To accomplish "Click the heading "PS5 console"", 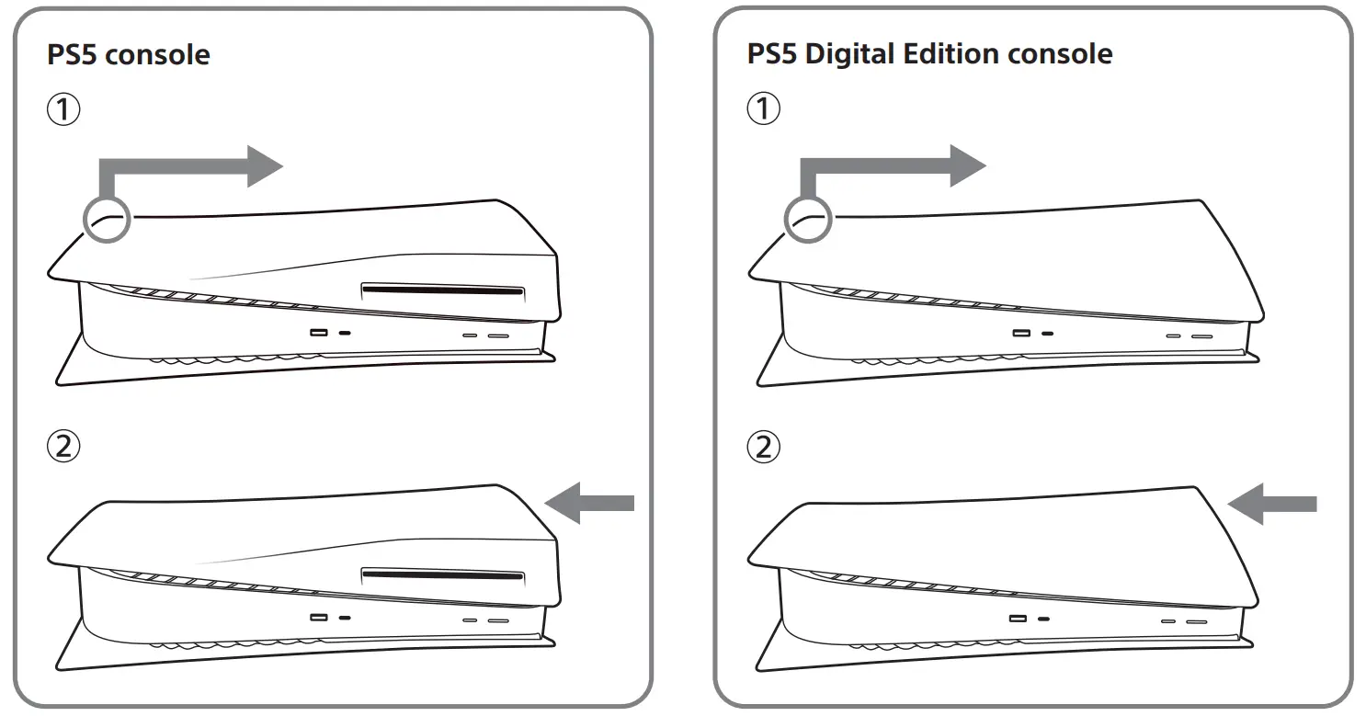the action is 128,54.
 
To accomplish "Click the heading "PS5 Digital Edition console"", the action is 929,54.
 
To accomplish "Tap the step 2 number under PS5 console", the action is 63,449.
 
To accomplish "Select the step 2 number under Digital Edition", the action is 763,449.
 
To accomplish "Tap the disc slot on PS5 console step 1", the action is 443,291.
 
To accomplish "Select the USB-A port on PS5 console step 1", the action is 319,332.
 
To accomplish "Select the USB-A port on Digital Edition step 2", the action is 1019,619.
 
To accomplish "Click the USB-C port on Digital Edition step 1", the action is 1045,332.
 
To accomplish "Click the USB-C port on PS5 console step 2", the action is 345,619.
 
